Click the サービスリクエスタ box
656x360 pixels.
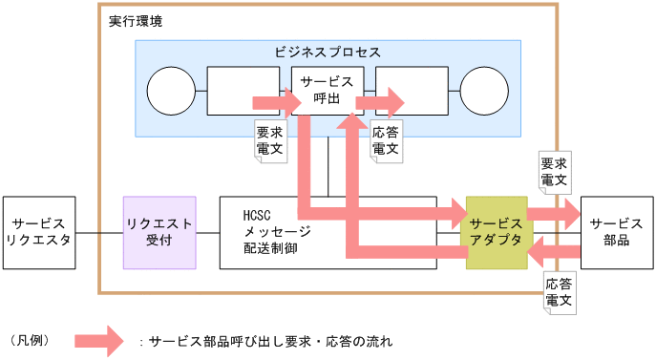click(x=39, y=232)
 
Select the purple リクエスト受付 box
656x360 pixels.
click(x=159, y=232)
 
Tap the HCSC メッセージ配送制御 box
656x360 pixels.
click(x=277, y=232)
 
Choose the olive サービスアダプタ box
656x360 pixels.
click(x=496, y=232)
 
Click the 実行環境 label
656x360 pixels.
click(x=135, y=20)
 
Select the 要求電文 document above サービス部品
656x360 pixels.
click(x=554, y=171)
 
